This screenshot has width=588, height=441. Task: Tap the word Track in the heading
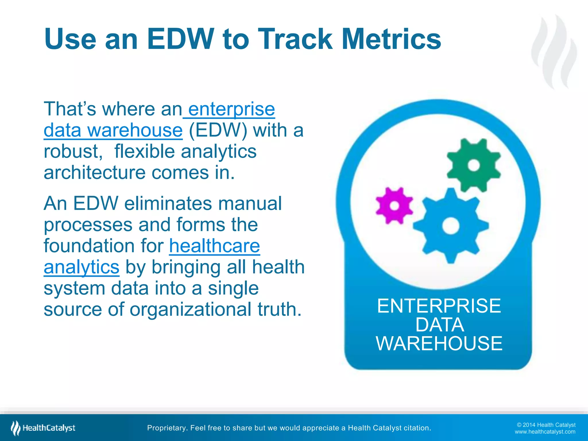pos(295,39)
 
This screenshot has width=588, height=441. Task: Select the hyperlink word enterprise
pos(231,109)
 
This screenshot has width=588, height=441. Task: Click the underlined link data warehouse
pos(113,130)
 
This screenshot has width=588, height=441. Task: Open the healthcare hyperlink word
pos(214,246)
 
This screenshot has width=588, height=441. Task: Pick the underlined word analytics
pos(82,267)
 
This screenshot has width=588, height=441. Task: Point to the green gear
pos(474,165)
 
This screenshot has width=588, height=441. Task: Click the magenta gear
pos(394,206)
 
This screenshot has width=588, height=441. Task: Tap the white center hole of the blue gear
pos(451,226)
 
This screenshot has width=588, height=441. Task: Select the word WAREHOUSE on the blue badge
pos(439,343)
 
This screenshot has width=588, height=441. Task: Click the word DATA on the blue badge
pos(439,325)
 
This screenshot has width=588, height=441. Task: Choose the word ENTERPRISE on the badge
pos(439,306)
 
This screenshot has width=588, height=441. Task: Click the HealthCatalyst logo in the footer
pos(43,428)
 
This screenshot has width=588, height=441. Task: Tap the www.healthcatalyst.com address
pos(545,432)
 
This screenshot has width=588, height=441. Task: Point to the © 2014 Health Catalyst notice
pos(546,425)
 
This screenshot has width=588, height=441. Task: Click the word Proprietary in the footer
pos(167,428)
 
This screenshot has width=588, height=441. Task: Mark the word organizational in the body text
pos(190,310)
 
